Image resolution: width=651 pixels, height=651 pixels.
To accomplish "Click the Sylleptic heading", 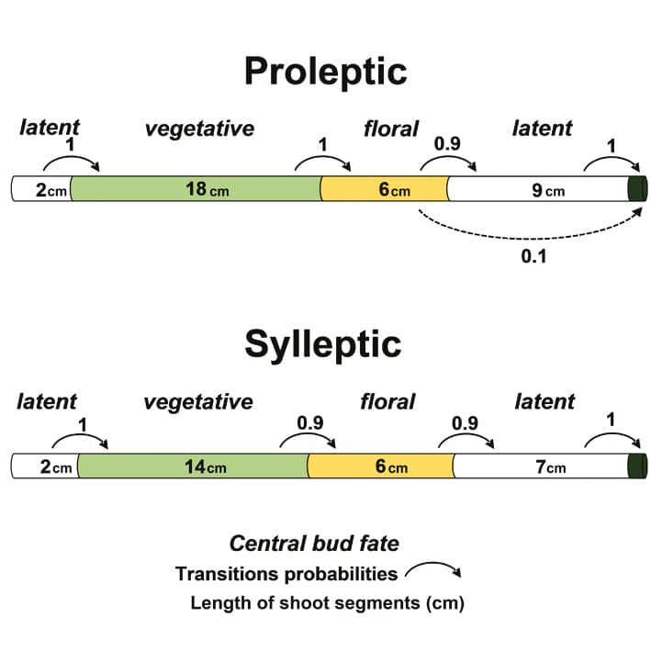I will pos(323,343).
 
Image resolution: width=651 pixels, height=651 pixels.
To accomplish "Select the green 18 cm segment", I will pos(195,189).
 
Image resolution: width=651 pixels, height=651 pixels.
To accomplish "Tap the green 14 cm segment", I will pos(193,466).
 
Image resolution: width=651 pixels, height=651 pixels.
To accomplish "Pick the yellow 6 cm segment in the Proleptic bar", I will pos(384,189).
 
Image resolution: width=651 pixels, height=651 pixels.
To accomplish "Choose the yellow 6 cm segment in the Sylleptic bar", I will pos(380,466).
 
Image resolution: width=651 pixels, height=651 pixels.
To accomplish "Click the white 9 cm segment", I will pos(536,189).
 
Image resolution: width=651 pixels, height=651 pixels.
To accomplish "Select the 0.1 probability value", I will pos(533,256).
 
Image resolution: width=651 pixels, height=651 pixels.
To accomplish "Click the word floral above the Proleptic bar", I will pos(390,129).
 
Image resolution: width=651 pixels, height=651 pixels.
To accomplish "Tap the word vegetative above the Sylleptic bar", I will pos(197,401).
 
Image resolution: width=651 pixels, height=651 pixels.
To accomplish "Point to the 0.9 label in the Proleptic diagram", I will pos(447,144).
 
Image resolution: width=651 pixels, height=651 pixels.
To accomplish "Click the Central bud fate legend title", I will pos(314,543).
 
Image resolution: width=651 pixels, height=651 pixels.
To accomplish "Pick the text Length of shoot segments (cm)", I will pos(327,603).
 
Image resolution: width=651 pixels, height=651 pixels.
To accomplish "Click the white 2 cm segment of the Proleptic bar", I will pos(41,189).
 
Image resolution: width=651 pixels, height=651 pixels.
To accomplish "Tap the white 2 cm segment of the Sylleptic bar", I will pos(44,466).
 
